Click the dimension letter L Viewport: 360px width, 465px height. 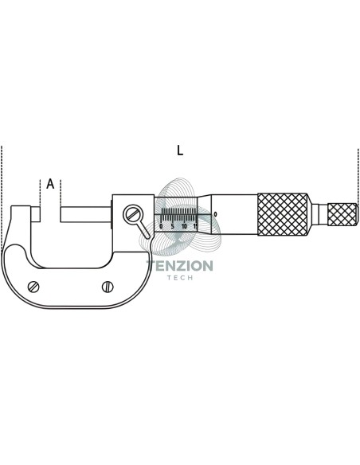180,150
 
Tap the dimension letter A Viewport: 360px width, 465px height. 50,184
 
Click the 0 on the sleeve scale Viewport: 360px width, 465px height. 161,226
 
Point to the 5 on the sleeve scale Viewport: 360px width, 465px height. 173,226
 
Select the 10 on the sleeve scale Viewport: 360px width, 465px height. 184,226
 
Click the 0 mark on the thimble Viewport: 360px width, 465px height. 215,214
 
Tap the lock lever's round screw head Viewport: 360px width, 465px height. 133,213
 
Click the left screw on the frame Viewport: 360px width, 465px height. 33,287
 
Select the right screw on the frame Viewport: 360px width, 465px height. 108,287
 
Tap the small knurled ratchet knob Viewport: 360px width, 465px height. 342,214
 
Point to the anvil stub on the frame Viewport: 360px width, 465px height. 35,214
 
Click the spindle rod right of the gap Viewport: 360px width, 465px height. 86,214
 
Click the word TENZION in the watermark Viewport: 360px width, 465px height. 180,266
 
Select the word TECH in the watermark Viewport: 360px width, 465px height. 180,278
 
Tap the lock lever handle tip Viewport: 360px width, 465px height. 147,236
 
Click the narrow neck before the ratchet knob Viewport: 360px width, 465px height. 319,214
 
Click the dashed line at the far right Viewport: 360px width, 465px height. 358,175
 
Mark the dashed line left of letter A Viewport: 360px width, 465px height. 40,193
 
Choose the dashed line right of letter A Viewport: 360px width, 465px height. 61,193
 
